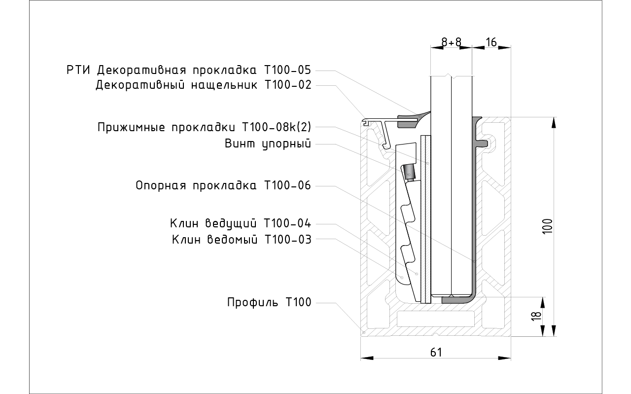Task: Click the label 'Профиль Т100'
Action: point(269,302)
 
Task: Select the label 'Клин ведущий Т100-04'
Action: point(241,223)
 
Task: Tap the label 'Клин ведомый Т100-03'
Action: point(242,240)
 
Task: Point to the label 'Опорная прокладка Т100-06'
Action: point(223,185)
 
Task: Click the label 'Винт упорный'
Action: point(268,144)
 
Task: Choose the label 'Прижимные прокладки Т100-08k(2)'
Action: point(204,127)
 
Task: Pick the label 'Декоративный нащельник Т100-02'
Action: point(204,85)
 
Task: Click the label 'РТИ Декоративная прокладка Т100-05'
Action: point(189,70)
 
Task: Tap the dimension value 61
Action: point(436,352)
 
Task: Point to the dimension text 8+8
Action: point(451,42)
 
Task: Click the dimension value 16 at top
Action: point(491,42)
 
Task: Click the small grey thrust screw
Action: point(409,173)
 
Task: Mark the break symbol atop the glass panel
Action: point(452,76)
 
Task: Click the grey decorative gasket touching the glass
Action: point(412,119)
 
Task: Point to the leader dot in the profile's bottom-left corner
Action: point(363,333)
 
